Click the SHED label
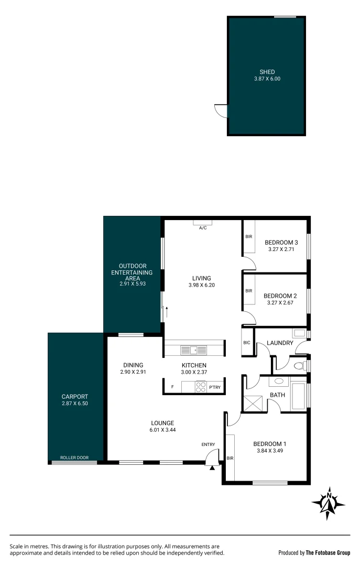coord(267,72)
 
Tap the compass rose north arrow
coord(329,504)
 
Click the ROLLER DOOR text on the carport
coord(74,458)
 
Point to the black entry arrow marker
coord(212,468)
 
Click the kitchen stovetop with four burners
coord(201,387)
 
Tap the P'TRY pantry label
coord(215,388)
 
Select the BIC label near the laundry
coord(247,343)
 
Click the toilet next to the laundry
coord(300,365)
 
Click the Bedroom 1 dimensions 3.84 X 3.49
coord(271,451)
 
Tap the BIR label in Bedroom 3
coord(249,237)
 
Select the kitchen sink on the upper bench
coord(194,350)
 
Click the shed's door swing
coord(221,111)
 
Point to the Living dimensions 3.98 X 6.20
coord(201,286)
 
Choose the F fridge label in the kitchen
coord(172,388)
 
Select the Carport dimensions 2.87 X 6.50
coord(74,404)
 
